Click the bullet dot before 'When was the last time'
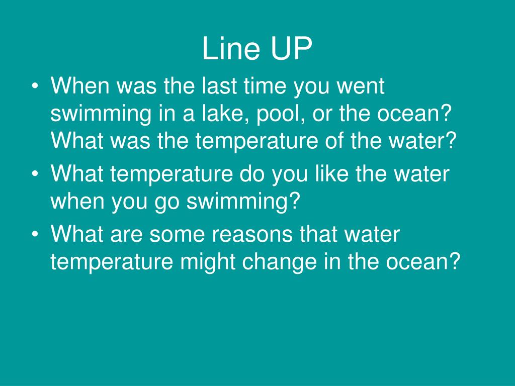(x=34, y=87)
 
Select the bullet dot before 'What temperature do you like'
(x=34, y=175)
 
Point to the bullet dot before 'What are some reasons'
(x=34, y=235)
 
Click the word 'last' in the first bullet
(x=218, y=86)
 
